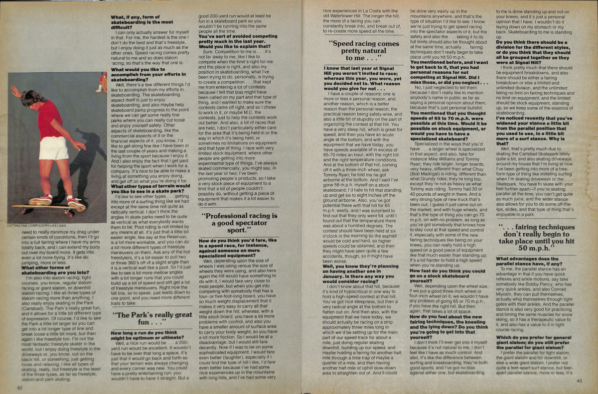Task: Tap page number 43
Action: pos(579,381)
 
